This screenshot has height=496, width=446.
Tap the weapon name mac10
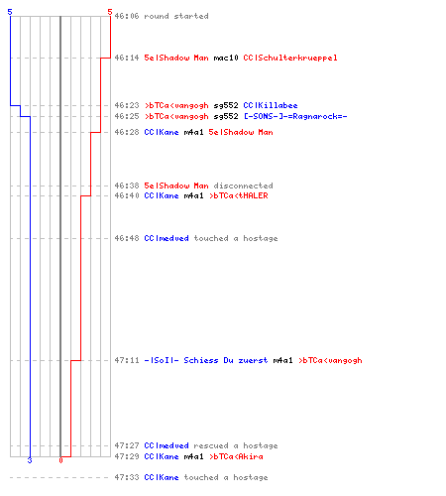point(226,58)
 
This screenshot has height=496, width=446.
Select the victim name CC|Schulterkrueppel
point(290,58)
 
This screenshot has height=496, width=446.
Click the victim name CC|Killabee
point(271,105)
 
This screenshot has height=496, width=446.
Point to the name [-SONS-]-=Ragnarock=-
point(295,116)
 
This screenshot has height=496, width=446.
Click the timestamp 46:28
point(127,132)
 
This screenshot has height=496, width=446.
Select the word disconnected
point(243,186)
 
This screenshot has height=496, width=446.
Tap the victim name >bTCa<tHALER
point(239,195)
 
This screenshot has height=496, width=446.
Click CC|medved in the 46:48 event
point(167,238)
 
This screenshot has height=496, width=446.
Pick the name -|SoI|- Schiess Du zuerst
point(206,360)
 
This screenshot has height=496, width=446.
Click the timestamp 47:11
point(127,360)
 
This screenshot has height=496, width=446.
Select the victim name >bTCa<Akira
point(236,456)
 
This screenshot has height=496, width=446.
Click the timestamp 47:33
point(127,477)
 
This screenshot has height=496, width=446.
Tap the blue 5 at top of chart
point(10,12)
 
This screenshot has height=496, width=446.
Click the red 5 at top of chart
point(110,12)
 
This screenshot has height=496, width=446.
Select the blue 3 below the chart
point(30,460)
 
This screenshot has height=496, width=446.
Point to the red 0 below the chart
point(60,460)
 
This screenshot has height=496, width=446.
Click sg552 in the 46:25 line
point(226,116)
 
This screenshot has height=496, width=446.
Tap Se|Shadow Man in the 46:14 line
point(176,58)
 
